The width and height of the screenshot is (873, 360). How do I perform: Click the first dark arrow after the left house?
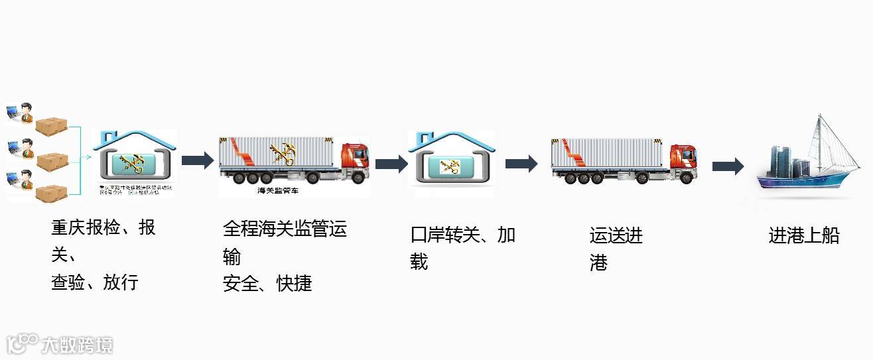197,160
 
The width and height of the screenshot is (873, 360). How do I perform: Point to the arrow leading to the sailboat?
728,166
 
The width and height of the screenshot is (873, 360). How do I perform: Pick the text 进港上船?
803,235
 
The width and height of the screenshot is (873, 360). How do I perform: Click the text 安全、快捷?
267,283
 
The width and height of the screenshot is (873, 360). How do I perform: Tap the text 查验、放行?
94,282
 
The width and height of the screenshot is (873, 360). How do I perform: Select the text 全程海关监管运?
285,229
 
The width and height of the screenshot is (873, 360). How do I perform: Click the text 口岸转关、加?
462,235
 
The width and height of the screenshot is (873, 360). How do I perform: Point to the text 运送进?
616,235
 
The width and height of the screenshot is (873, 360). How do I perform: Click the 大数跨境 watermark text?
77,345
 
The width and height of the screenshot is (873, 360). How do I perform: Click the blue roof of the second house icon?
451,140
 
